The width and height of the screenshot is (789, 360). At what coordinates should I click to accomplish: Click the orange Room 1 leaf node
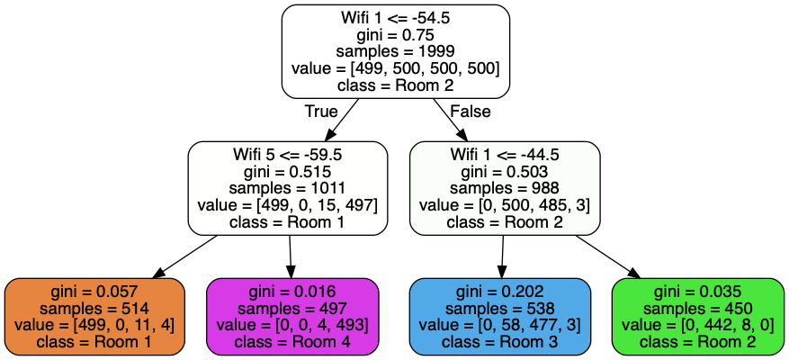(x=95, y=317)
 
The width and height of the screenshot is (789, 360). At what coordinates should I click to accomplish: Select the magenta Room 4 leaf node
(x=292, y=317)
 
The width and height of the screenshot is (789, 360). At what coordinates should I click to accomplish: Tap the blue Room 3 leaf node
(x=499, y=317)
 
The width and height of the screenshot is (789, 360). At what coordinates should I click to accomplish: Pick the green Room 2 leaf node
(x=698, y=317)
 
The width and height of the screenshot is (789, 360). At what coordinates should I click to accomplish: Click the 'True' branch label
(x=321, y=112)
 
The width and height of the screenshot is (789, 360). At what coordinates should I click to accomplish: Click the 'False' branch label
(x=470, y=112)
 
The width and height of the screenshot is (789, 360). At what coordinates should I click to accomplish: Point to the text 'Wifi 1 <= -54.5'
(x=396, y=18)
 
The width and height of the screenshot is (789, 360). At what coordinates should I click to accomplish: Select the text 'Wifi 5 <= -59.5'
(x=288, y=155)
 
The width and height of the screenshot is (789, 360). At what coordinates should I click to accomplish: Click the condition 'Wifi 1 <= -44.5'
(x=505, y=155)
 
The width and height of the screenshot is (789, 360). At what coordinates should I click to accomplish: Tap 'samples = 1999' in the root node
(x=396, y=51)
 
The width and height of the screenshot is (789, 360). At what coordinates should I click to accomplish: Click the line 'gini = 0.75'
(x=396, y=35)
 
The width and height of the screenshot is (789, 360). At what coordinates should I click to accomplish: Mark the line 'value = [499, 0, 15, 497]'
(x=288, y=205)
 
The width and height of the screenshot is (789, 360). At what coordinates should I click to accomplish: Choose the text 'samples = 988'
(x=505, y=188)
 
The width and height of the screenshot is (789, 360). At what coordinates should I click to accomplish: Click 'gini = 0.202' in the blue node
(x=499, y=292)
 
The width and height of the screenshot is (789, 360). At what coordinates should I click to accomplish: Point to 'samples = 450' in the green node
(x=698, y=308)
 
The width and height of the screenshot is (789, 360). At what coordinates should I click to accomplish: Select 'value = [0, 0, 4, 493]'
(x=292, y=325)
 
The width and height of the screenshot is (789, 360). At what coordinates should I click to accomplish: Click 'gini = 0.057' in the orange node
(x=95, y=292)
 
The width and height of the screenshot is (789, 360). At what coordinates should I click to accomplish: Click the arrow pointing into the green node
(x=608, y=256)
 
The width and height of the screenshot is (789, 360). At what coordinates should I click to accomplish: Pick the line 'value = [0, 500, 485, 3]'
(x=505, y=205)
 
